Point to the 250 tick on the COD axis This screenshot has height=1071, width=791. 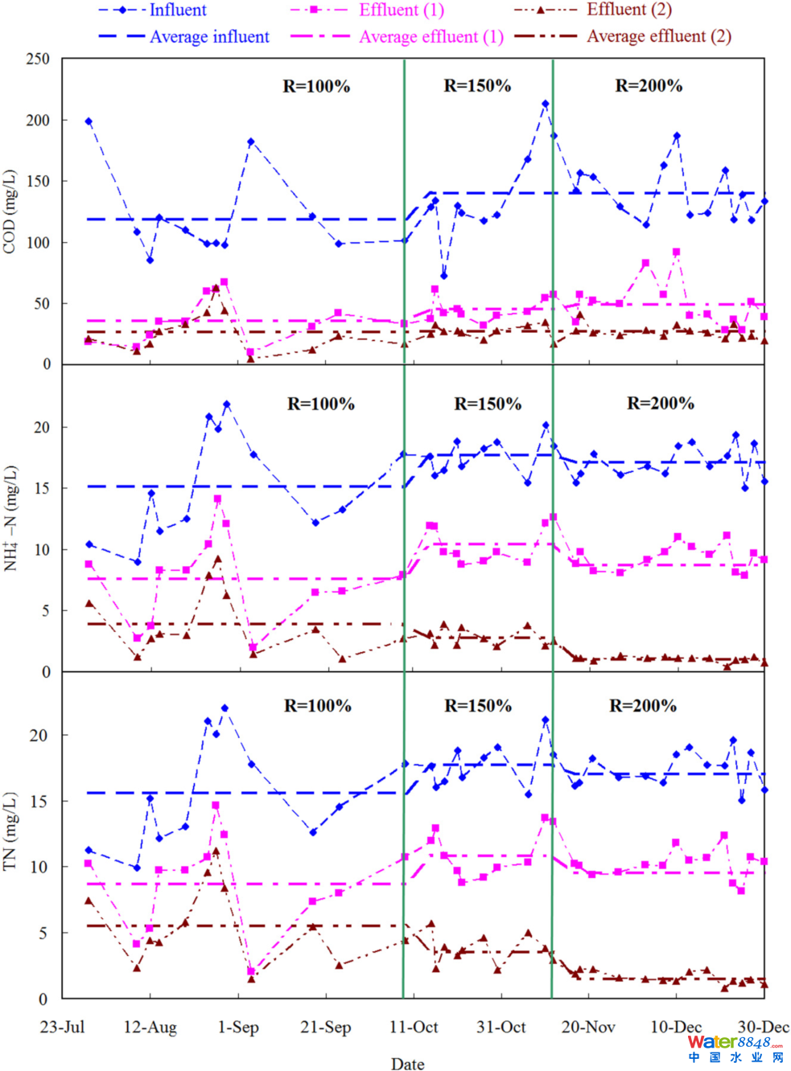38,59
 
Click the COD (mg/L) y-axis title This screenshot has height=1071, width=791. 10,211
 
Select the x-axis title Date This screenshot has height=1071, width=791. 407,1064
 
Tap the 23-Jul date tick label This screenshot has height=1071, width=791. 62,1027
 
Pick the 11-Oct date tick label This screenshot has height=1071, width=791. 414,1027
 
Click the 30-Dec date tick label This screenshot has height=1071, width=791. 763,1027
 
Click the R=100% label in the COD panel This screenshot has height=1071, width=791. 316,86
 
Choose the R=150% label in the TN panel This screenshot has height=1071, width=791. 478,706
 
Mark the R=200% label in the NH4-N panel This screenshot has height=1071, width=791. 661,404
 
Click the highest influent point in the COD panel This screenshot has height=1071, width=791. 546,104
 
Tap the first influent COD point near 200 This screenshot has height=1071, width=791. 89,121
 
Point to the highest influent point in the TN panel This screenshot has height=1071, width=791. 225,708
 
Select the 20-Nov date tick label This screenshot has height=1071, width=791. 588,1027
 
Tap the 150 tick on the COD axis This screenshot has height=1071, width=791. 38,181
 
